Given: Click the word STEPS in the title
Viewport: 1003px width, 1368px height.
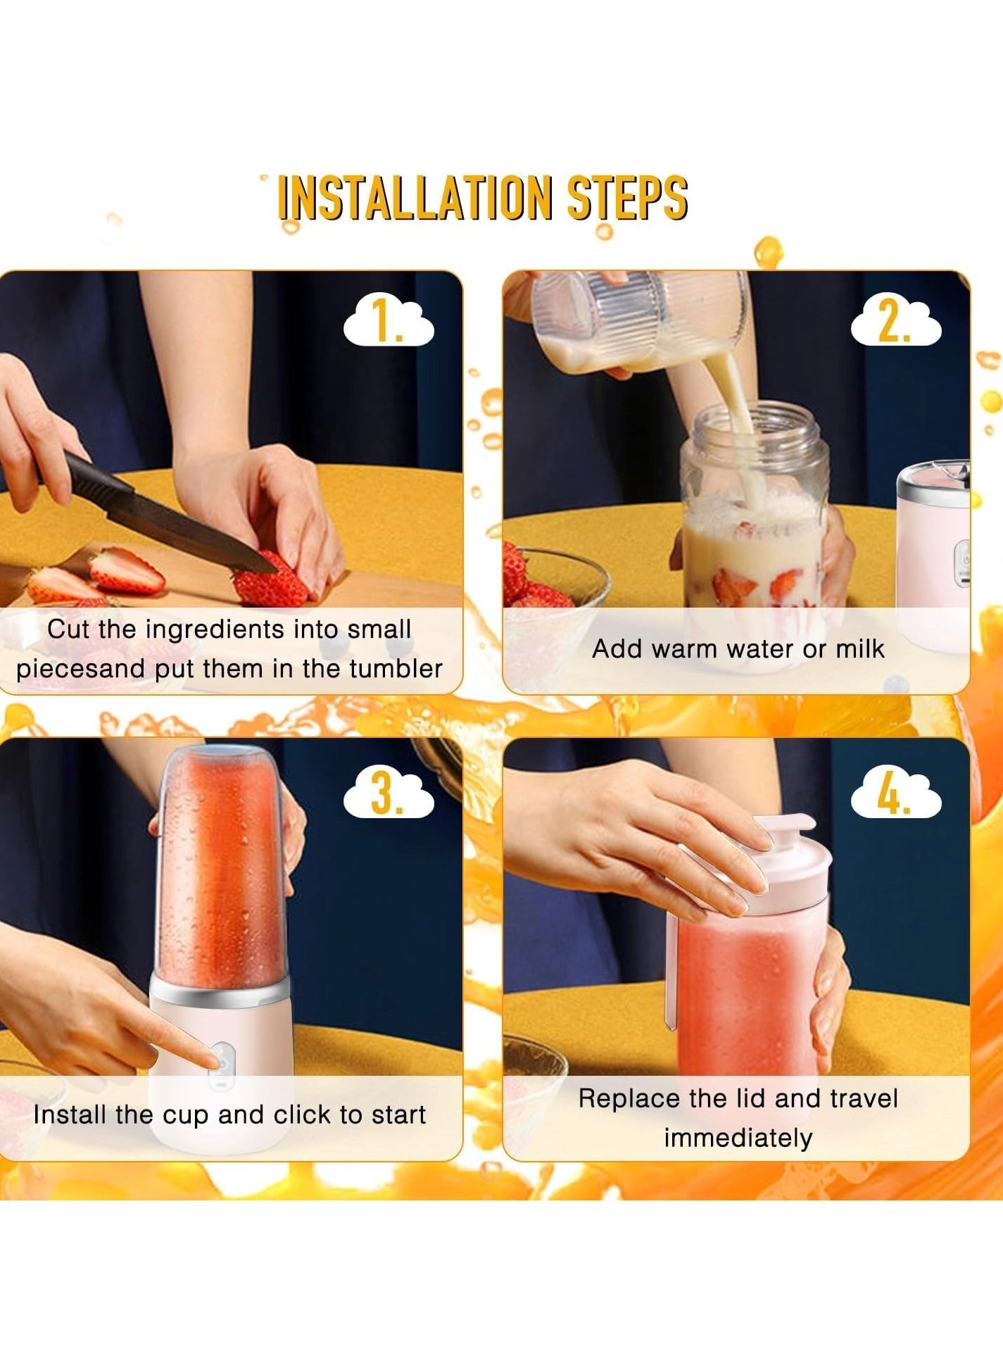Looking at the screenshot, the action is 627,197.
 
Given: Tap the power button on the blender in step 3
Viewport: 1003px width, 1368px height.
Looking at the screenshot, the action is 221,1064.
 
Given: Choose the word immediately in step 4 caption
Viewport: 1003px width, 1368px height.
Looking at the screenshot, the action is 738,1137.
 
